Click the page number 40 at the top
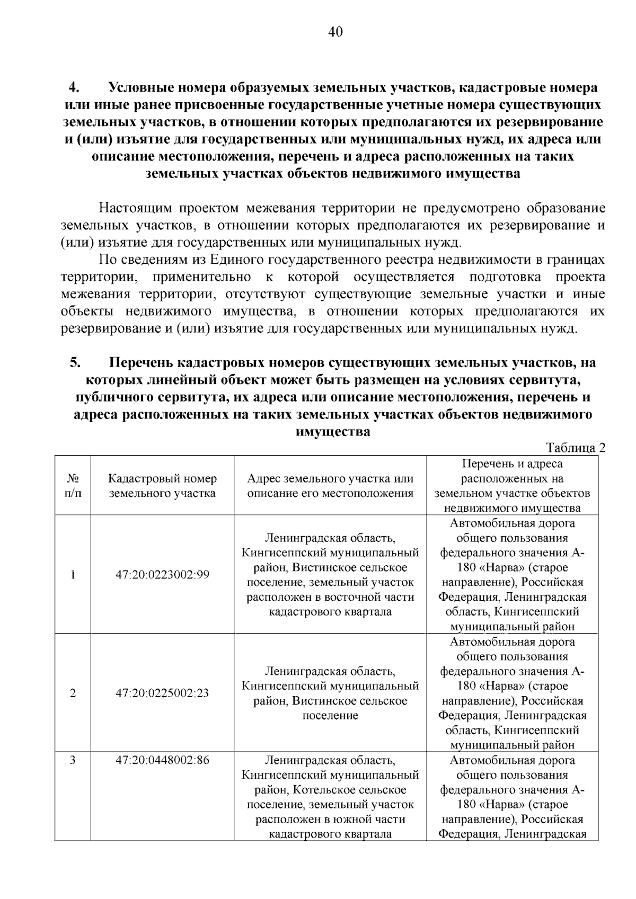coord(335,32)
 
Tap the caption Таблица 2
coord(576,448)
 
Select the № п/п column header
coord(73,486)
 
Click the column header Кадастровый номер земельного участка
coord(162,486)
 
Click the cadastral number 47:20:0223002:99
coord(162,575)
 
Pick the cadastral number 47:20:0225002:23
coord(162,693)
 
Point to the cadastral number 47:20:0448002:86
coord(162,760)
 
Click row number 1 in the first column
coord(73,575)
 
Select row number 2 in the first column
coord(73,693)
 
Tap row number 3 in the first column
coord(73,760)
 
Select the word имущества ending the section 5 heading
coord(332,432)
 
